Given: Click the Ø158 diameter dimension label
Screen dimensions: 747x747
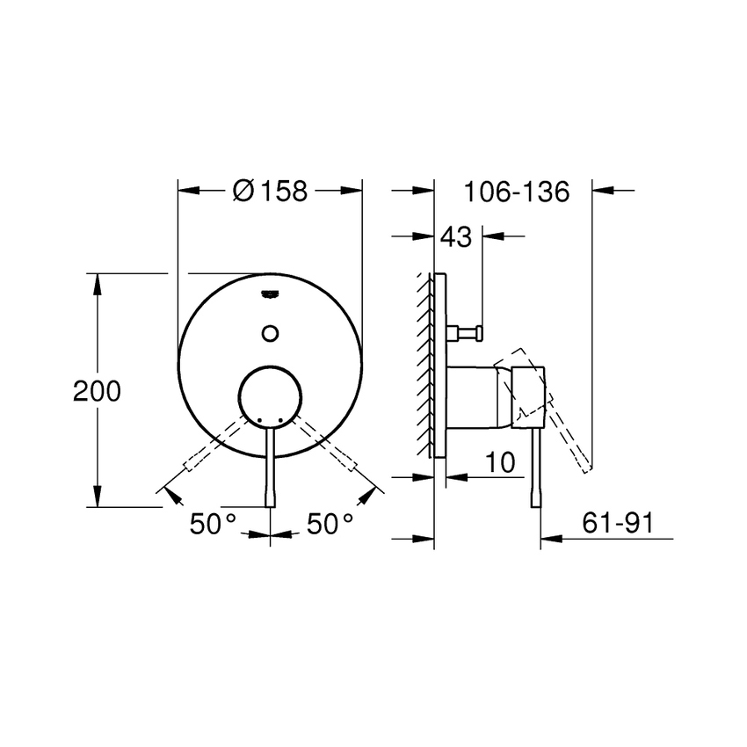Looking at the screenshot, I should (271, 191).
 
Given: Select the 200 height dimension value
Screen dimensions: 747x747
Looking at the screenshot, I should (97, 392).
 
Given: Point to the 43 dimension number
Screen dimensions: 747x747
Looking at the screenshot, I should (457, 236).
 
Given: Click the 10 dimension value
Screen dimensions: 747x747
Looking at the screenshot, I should (499, 463).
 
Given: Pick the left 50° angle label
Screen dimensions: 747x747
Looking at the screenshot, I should (214, 524).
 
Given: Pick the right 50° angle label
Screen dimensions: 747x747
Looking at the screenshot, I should (330, 524).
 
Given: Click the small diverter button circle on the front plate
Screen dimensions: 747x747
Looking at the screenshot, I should (271, 332).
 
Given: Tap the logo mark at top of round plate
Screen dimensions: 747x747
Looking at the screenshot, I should (271, 293).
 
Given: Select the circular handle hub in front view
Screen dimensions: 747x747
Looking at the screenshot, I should (271, 395).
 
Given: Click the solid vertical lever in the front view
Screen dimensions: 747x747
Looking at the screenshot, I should (271, 466).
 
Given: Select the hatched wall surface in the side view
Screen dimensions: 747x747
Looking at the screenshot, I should (424, 365).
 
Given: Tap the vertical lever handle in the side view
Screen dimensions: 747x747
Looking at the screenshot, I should (536, 466).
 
